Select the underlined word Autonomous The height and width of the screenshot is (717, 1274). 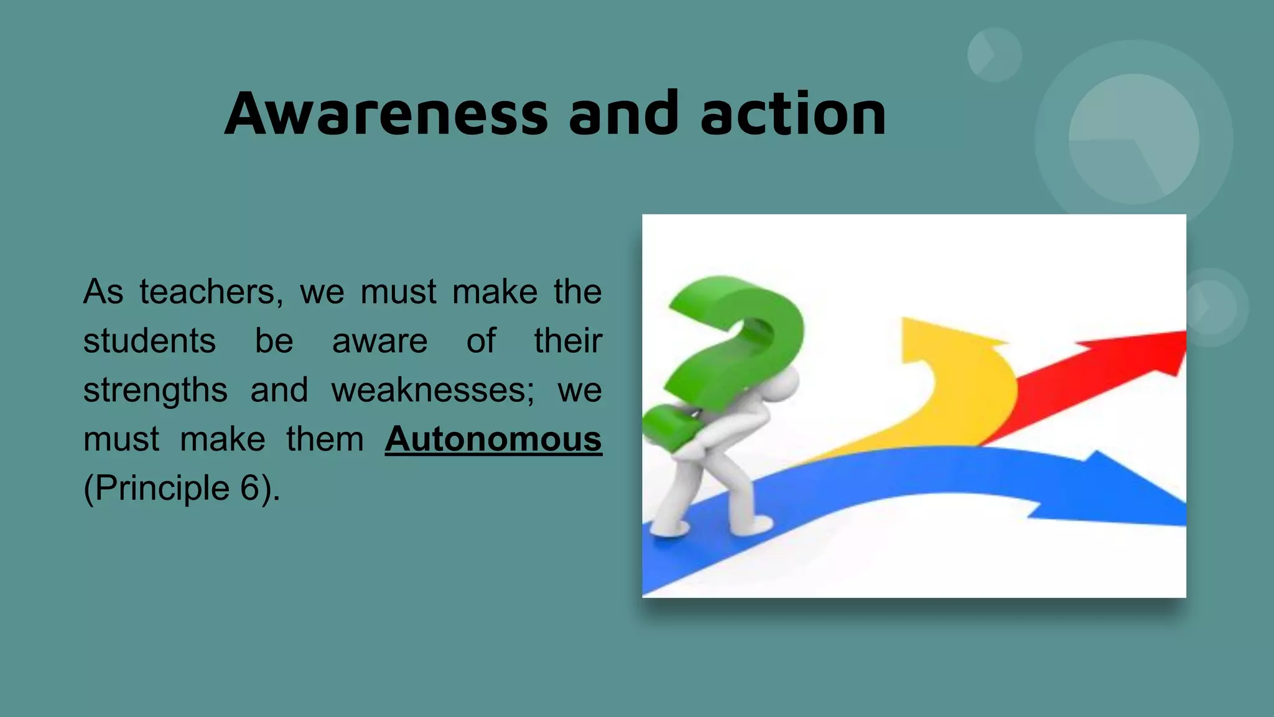493,439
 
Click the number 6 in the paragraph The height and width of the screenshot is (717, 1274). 250,488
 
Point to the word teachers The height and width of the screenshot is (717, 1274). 212,292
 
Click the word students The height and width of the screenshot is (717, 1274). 149,341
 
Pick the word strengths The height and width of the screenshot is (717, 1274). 156,391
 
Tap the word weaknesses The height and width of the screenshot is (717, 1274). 432,390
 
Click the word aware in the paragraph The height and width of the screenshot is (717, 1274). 379,341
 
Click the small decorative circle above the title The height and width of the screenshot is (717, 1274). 994,55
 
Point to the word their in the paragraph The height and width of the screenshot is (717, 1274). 567,341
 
